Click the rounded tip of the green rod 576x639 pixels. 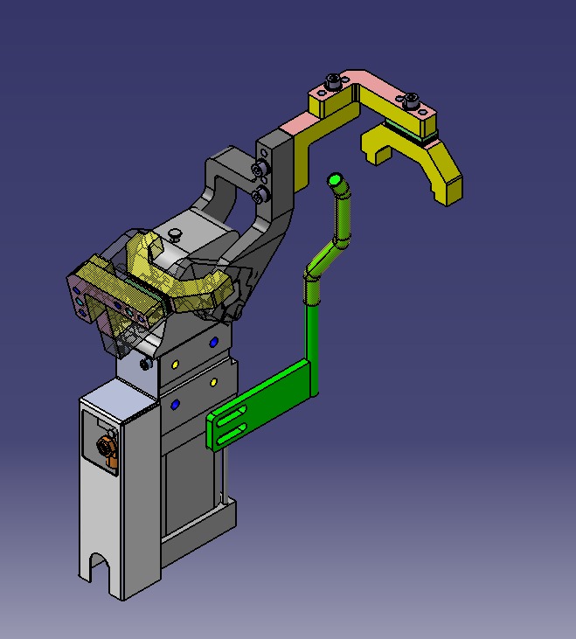(x=334, y=181)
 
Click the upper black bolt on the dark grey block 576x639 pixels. (x=259, y=169)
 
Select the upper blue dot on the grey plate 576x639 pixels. (x=215, y=341)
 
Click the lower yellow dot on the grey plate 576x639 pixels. (x=213, y=382)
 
